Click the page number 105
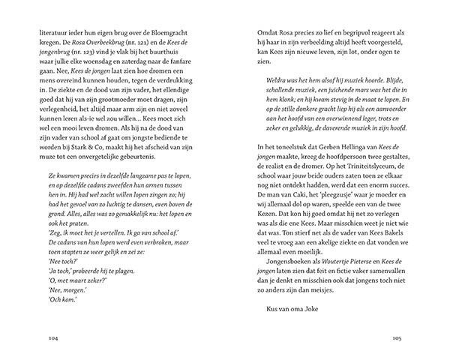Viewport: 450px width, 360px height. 398,337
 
